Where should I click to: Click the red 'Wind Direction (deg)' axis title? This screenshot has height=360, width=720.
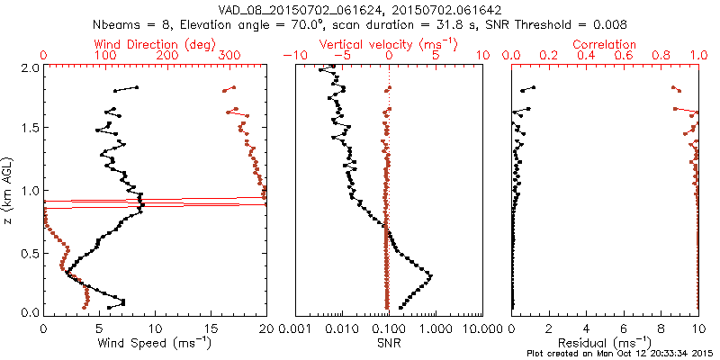click(x=155, y=44)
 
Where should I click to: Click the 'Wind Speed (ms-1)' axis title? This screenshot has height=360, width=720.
click(x=155, y=343)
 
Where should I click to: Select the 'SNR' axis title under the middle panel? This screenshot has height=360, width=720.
click(x=388, y=343)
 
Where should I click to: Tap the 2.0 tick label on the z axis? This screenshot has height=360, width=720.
click(x=30, y=67)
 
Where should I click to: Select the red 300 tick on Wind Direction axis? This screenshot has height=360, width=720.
click(x=229, y=56)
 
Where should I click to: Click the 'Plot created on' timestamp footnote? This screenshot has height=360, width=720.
click(x=621, y=354)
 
